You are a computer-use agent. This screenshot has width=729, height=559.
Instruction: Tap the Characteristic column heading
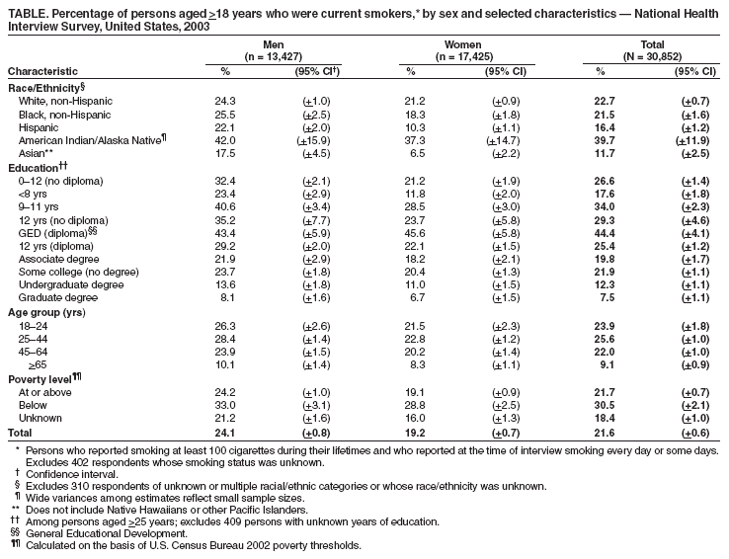pyautogui.click(x=43, y=71)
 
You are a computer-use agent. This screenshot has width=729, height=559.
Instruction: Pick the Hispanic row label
pyautogui.click(x=38, y=129)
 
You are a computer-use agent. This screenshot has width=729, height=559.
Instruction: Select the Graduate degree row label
pyautogui.click(x=58, y=297)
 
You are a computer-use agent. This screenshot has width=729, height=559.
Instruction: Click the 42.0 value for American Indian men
pyautogui.click(x=226, y=143)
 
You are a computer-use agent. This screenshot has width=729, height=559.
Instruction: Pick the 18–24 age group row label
pyautogui.click(x=34, y=325)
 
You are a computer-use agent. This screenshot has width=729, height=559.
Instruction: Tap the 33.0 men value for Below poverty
pyautogui.click(x=226, y=406)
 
